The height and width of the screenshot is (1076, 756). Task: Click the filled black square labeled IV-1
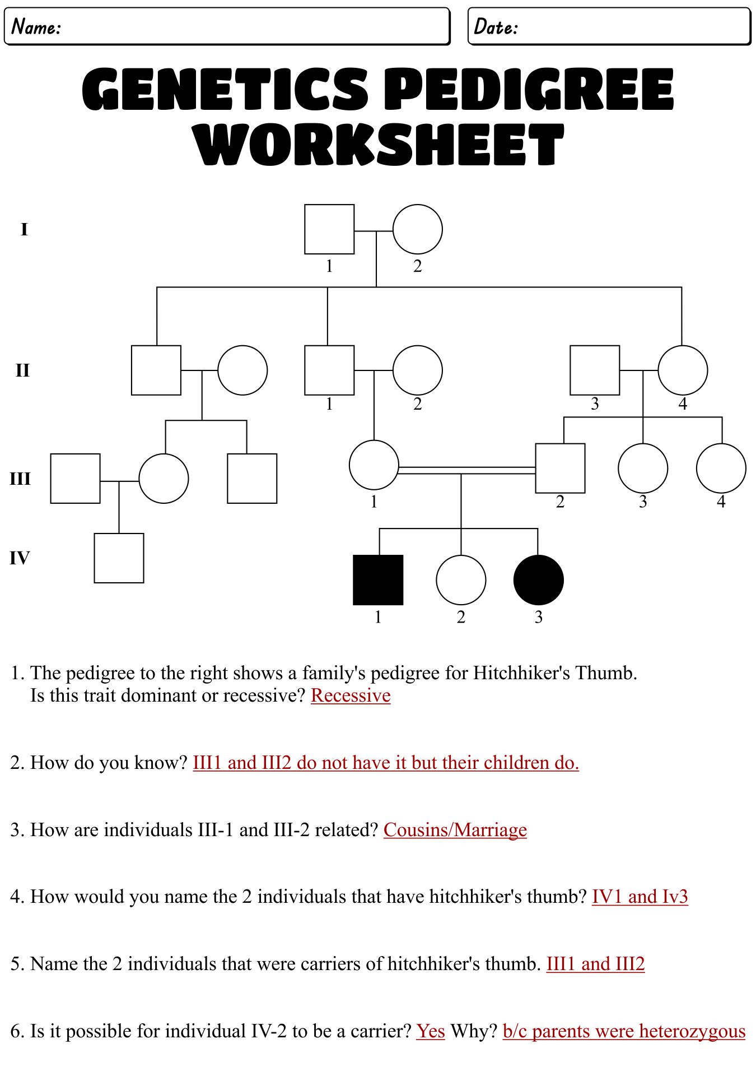(x=378, y=580)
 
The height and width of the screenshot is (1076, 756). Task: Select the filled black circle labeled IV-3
(x=539, y=580)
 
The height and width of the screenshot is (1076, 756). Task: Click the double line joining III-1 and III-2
(x=466, y=470)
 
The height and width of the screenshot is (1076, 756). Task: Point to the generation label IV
(x=20, y=558)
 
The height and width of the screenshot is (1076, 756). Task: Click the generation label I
(x=24, y=229)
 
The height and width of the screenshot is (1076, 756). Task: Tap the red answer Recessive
(x=351, y=695)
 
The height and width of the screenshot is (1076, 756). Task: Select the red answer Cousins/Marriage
(x=455, y=830)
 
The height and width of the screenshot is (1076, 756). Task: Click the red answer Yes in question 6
(x=431, y=1031)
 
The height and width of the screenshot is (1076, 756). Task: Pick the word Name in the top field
(x=36, y=26)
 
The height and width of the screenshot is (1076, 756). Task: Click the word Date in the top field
(x=496, y=26)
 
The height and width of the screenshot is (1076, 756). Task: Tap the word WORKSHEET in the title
(x=379, y=145)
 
